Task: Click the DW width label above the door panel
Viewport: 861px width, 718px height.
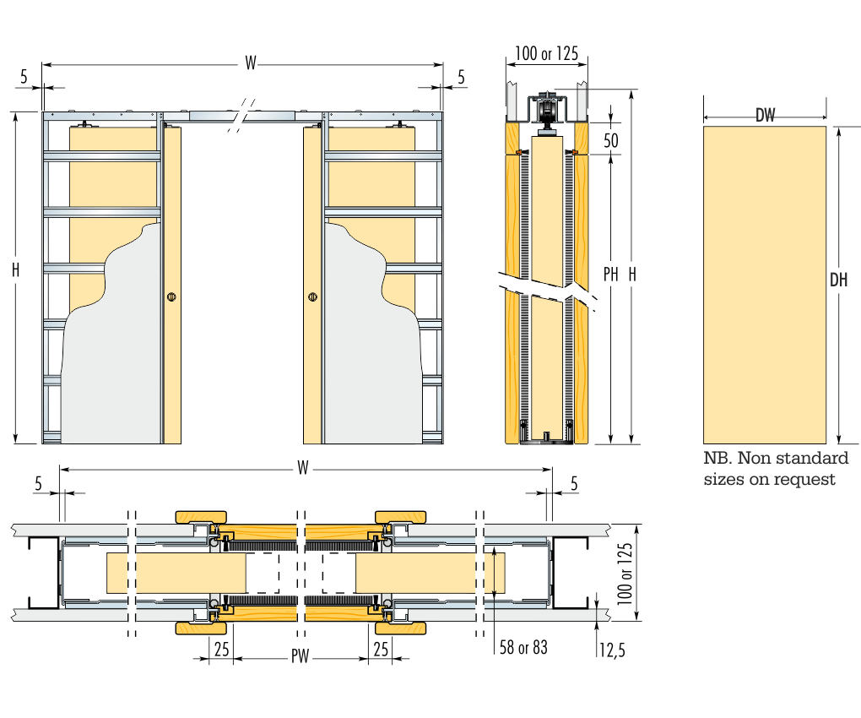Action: pos(765,116)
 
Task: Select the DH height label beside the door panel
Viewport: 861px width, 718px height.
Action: pos(837,280)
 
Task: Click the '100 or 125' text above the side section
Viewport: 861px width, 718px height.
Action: pos(546,54)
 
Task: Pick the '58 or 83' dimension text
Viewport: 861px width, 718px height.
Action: pos(523,647)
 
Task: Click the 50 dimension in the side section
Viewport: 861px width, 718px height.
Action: pos(611,139)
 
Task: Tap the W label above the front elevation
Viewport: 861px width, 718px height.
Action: pos(251,63)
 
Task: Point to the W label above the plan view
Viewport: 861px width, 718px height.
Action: pos(303,469)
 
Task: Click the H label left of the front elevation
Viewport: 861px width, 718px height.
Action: pos(16,269)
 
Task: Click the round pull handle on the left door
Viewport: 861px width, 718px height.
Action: pos(171,296)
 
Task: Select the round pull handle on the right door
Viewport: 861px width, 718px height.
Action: pos(313,296)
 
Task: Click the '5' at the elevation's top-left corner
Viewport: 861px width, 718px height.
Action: pos(24,77)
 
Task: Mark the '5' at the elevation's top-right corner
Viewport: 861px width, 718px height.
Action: pos(461,77)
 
